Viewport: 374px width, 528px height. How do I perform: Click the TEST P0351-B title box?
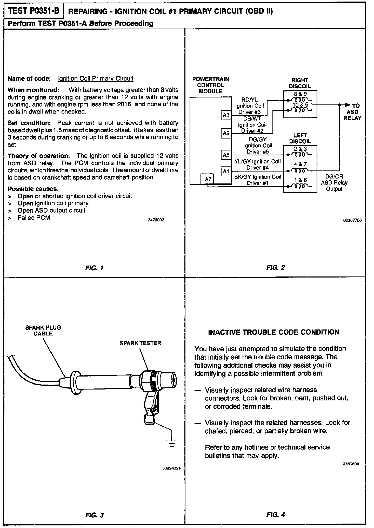tap(34, 11)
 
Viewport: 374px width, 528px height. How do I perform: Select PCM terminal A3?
tap(226, 115)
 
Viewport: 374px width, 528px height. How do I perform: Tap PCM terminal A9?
tap(226, 133)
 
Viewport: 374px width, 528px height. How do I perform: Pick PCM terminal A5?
tap(226, 155)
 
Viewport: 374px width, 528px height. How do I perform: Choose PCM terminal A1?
tap(226, 171)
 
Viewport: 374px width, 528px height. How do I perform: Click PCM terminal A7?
tap(208, 179)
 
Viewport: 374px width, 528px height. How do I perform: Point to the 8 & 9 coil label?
tap(300, 94)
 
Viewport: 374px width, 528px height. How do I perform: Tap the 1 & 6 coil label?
tap(300, 180)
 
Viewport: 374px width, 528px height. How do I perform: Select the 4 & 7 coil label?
tap(300, 164)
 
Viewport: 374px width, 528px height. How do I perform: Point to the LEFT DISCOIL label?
tap(300, 138)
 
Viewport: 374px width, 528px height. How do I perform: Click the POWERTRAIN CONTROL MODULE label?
tap(211, 85)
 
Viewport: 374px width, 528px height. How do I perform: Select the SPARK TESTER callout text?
tap(140, 343)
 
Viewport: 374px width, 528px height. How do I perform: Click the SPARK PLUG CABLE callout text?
tap(43, 331)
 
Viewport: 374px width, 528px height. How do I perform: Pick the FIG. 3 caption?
tap(94, 515)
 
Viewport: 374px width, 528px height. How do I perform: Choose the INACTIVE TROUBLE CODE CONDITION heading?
tap(274, 332)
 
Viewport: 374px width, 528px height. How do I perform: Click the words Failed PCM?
tap(34, 217)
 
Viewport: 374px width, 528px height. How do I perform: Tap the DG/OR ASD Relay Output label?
tap(334, 183)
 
